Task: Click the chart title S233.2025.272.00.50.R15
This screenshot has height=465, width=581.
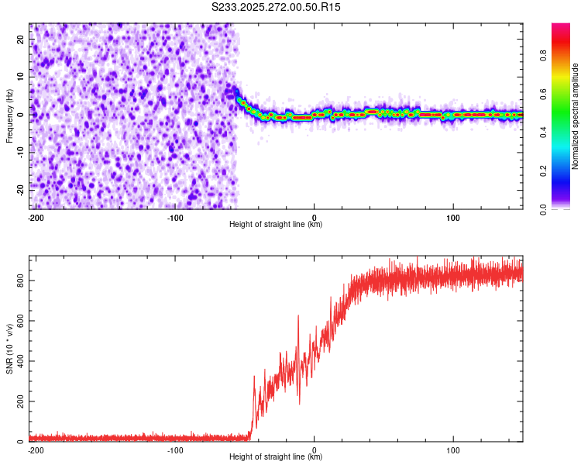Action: [x=277, y=7]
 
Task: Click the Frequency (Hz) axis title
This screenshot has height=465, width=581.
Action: [x=9, y=115]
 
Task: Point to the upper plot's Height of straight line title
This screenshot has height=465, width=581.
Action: [x=276, y=225]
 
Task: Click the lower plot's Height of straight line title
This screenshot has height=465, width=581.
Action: [x=276, y=457]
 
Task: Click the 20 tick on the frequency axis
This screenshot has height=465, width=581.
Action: [x=21, y=41]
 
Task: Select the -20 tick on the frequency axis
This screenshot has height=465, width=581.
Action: [x=19, y=188]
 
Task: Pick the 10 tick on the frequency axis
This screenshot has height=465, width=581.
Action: [x=21, y=77]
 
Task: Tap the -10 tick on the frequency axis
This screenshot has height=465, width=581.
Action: [x=19, y=152]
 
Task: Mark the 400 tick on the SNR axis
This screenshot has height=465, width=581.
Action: [x=21, y=361]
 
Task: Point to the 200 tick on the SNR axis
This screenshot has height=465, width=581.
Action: [x=21, y=401]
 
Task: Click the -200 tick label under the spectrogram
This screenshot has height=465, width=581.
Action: [x=36, y=217]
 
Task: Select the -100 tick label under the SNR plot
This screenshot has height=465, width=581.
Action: [x=174, y=449]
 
